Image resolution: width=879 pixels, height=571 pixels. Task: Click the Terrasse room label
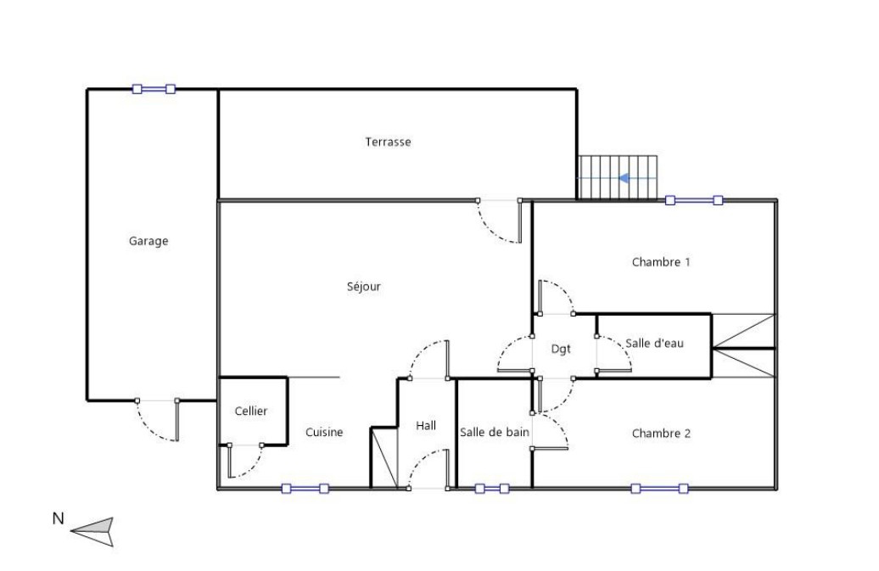pyautogui.click(x=388, y=142)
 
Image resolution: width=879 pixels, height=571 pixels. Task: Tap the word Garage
pyautogui.click(x=148, y=241)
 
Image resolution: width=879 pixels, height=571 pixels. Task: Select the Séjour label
pyautogui.click(x=364, y=286)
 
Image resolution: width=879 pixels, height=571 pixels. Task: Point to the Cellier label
pyautogui.click(x=251, y=411)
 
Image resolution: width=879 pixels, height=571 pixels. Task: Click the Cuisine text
pyautogui.click(x=324, y=432)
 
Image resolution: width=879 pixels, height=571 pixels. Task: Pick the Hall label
pyautogui.click(x=426, y=426)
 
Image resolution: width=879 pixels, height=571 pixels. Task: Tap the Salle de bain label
pyautogui.click(x=495, y=432)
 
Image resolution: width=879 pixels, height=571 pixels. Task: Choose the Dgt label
pyautogui.click(x=561, y=349)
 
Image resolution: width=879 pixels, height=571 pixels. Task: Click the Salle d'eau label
pyautogui.click(x=655, y=343)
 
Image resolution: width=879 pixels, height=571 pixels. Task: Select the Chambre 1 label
pyautogui.click(x=661, y=261)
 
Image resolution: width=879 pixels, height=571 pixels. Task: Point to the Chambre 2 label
pyautogui.click(x=661, y=434)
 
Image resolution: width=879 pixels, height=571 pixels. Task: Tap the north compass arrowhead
pyautogui.click(x=93, y=530)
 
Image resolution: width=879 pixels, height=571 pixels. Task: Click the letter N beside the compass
pyautogui.click(x=58, y=518)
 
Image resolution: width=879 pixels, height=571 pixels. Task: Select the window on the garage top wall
pyautogui.click(x=154, y=88)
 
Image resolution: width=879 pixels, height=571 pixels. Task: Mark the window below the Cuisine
pyautogui.click(x=305, y=489)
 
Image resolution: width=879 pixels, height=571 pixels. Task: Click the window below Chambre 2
pyautogui.click(x=659, y=489)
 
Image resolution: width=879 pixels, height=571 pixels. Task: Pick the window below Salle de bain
pyautogui.click(x=492, y=489)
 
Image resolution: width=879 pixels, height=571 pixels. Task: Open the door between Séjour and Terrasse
pyautogui.click(x=499, y=221)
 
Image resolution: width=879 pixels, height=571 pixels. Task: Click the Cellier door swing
pyautogui.click(x=245, y=462)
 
